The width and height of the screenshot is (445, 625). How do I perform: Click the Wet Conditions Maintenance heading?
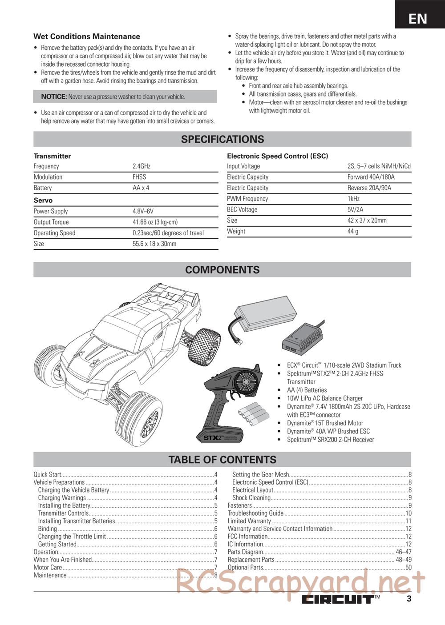click(87, 36)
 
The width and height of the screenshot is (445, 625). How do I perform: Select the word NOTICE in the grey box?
click(54, 96)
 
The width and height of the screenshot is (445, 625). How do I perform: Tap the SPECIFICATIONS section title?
click(222, 139)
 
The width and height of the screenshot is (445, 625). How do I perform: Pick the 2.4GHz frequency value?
click(142, 166)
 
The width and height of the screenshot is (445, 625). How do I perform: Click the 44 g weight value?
click(353, 231)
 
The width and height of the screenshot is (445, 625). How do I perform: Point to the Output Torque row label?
click(51, 222)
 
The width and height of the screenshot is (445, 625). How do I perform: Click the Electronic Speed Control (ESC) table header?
click(277, 156)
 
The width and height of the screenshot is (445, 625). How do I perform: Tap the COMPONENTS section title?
click(222, 270)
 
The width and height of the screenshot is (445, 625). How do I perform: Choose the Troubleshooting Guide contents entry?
click(255, 513)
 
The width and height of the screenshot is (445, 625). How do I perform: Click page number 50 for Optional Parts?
click(408, 567)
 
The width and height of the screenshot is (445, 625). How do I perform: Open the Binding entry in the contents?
click(48, 529)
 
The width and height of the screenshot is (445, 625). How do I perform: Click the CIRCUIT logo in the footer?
click(338, 599)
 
